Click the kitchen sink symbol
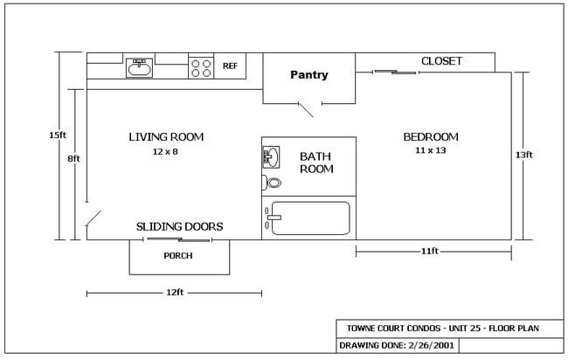140,66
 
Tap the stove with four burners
202,66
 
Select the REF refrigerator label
231,66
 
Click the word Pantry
309,75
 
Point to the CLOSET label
441,61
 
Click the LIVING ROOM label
166,136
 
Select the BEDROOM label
431,137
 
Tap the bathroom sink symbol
271,157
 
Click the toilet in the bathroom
273,183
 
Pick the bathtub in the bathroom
309,218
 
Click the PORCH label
178,256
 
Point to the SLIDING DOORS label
180,226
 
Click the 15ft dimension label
58,135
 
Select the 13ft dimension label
523,155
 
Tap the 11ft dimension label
429,252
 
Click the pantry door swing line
308,110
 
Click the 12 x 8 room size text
165,151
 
